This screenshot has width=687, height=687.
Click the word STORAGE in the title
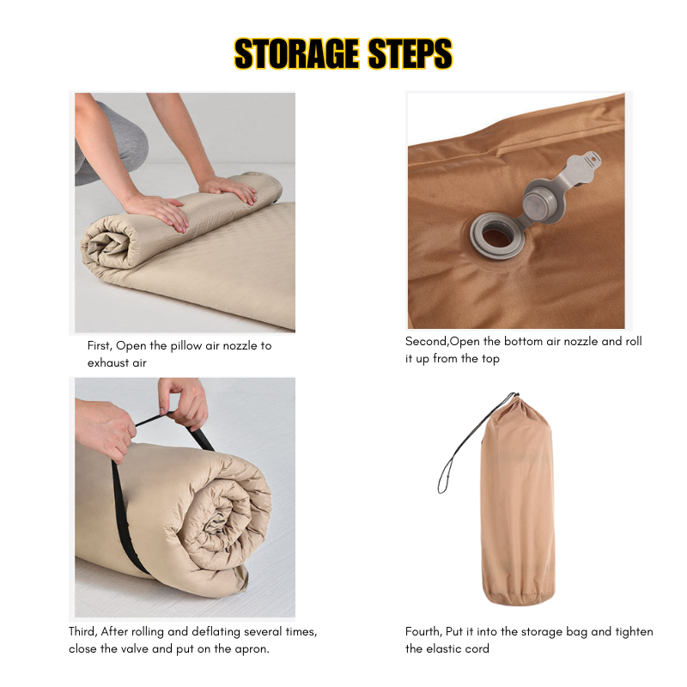click(x=296, y=54)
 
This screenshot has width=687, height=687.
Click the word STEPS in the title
click(x=410, y=54)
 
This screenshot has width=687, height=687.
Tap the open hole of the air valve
click(x=496, y=237)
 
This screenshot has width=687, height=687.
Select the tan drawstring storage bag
click(x=518, y=501)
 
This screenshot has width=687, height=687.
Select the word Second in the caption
click(x=427, y=341)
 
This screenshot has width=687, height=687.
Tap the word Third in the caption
click(x=82, y=632)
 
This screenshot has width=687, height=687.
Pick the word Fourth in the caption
click(x=423, y=632)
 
